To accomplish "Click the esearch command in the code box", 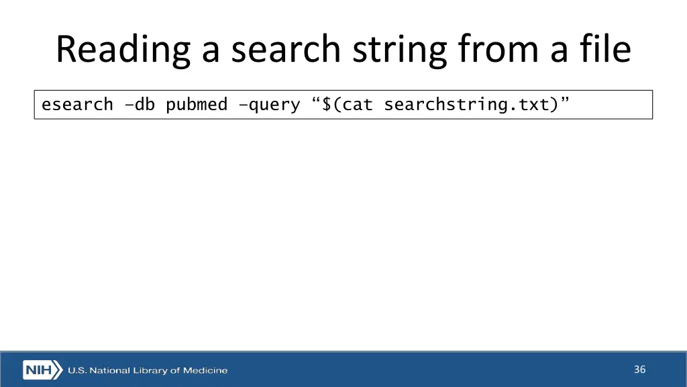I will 77,105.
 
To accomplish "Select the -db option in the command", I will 140,105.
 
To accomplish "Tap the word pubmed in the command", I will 197,105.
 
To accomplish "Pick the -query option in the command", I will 268,105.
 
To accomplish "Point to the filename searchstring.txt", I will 466,105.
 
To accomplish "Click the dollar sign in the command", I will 327,105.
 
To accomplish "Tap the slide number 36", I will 639,370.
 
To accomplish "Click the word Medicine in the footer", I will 205,370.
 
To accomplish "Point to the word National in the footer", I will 108,370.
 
